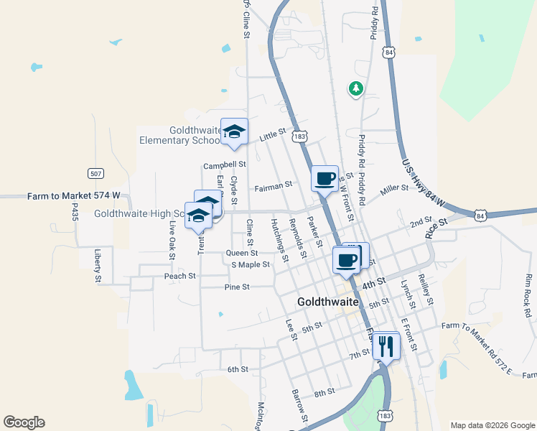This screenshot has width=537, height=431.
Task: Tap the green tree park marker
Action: [355, 89]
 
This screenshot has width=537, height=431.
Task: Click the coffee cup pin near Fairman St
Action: [324, 178]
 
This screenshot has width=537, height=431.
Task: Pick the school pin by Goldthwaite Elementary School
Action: [234, 131]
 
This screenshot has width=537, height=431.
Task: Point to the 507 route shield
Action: [95, 173]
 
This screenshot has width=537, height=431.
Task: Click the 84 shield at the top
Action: [389, 52]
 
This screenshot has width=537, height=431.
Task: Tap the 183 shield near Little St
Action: [301, 136]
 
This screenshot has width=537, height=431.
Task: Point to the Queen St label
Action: [241, 253]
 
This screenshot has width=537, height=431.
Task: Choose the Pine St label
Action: [236, 287]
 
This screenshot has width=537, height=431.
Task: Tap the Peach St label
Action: [179, 276]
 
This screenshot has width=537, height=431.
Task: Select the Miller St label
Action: [394, 188]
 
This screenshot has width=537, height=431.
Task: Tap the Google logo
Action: [24, 422]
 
